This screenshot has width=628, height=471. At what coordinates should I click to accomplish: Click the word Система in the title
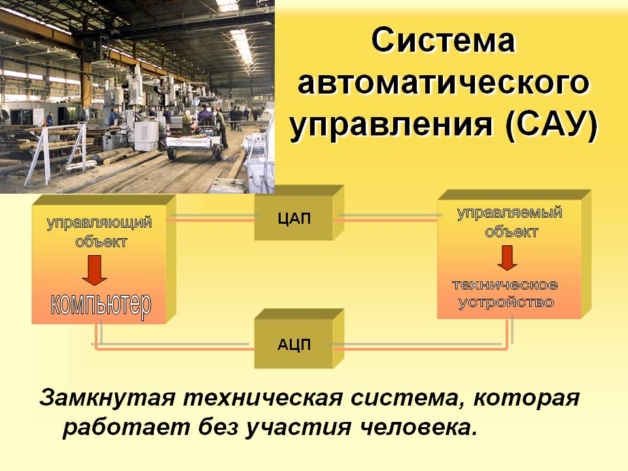coord(443,40)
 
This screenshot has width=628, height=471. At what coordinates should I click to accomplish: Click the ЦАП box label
coord(294,218)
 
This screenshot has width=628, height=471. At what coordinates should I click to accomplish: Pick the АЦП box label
coord(294,345)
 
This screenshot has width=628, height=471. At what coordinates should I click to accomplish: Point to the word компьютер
coord(101,306)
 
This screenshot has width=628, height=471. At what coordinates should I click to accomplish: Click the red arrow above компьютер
coord(94,270)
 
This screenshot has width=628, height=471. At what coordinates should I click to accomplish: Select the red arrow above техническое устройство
coord(508,258)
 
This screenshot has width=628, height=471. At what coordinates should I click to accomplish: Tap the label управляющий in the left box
coord(99,224)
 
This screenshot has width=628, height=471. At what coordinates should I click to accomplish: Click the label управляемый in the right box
coord(510,213)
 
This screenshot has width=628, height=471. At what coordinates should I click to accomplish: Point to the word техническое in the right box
coord(505,285)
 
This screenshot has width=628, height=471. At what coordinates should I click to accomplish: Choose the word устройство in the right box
coord(506,302)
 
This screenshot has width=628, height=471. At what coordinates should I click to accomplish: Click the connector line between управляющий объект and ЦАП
coord(215,218)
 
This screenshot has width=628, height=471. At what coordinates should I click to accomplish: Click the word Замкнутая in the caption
coord(107,398)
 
